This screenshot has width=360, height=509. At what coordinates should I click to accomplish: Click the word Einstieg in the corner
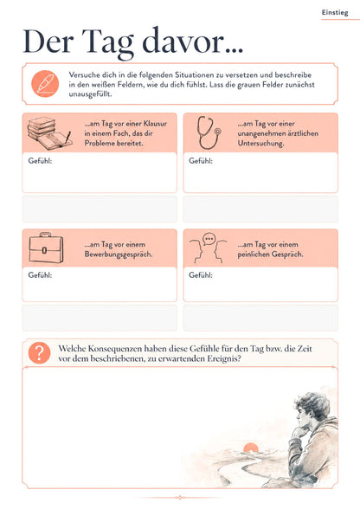pos(335,13)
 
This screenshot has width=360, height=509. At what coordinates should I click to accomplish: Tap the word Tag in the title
pos(108,43)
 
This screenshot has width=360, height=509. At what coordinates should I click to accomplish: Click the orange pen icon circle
pos(45,84)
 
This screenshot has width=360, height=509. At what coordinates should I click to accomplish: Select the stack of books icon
pos(49,133)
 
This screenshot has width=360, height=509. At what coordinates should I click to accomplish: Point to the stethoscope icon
pos(209,132)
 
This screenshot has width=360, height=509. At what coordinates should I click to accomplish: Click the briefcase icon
pos(46,248)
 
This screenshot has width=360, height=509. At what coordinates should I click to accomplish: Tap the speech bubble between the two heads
pos(209,239)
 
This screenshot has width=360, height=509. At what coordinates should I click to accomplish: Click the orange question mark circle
pos(39,353)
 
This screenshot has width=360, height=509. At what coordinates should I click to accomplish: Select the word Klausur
pos(155,124)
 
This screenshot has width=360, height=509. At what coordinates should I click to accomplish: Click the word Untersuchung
pos(260,144)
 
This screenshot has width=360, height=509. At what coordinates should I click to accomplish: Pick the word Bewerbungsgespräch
pos(119,254)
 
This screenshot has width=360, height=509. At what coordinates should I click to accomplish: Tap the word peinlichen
pos(254,254)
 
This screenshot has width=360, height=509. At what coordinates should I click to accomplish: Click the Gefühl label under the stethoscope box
pos(201,161)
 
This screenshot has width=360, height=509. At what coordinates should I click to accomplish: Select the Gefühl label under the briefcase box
pos(40,275)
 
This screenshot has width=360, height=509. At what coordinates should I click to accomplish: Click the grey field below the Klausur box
pos(100,209)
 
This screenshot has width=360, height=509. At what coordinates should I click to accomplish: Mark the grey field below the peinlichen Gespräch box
pos(260,318)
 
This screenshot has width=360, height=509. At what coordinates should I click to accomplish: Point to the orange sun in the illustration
pos(251,448)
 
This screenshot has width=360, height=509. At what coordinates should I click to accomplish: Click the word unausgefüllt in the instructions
pos(90,94)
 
